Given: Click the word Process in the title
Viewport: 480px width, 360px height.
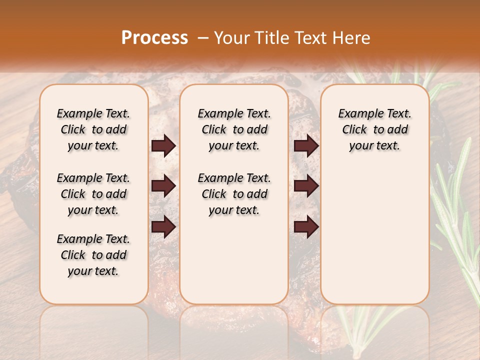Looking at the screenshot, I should (x=154, y=38).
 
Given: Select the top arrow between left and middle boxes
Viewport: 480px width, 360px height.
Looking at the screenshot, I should (x=163, y=146).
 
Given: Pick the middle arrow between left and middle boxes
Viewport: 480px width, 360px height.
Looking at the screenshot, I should (x=163, y=186).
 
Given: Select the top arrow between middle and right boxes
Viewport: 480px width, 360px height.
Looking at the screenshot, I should (x=306, y=146).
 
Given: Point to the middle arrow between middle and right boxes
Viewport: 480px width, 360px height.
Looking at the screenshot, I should (x=306, y=186).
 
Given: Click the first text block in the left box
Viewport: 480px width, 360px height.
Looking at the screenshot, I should (x=93, y=129).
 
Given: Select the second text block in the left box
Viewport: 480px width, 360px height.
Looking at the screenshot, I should (x=93, y=194).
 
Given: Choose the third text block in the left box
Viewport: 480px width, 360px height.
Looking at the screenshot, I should (x=93, y=255).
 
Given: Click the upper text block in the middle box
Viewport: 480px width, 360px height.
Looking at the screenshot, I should (x=234, y=129).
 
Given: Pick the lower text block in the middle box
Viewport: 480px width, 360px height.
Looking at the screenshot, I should (x=234, y=194).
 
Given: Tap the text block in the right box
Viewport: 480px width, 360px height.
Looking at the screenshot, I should (x=375, y=129).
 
